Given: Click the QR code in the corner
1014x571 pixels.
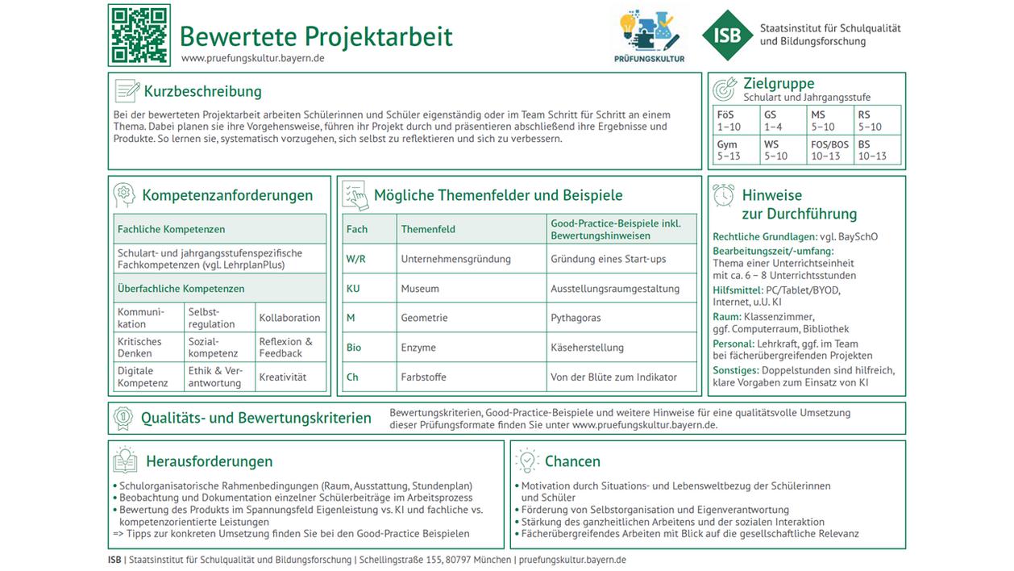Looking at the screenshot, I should coord(139,35).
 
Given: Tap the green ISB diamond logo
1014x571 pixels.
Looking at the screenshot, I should coord(728,35).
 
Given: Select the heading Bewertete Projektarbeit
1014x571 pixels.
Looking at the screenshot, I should coord(315,37).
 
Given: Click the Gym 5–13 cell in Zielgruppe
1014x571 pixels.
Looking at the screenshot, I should coord(733,150).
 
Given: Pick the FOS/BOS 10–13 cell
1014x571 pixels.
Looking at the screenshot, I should coord(829,150).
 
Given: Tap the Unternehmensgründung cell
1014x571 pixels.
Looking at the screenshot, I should coord(456,259).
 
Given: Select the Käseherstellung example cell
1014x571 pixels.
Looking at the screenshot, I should coord(587,348).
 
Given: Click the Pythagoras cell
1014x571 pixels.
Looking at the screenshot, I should coord(576,318).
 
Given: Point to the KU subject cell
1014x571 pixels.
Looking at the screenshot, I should coord(354,289).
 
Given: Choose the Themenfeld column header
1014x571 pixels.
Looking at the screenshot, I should coord(428,229).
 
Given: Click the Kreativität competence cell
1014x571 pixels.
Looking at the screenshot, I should coord(283,377).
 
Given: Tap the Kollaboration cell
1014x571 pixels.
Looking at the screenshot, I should coord(289,318).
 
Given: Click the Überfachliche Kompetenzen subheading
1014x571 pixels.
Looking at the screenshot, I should coord(181,289).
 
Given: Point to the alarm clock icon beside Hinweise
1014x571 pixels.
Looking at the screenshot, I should coord(724,195).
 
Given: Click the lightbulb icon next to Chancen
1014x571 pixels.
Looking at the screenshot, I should coord(526,461).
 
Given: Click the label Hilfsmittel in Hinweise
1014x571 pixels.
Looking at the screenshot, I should coord(737,290).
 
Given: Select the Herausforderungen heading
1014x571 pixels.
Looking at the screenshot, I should coord(209,461).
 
